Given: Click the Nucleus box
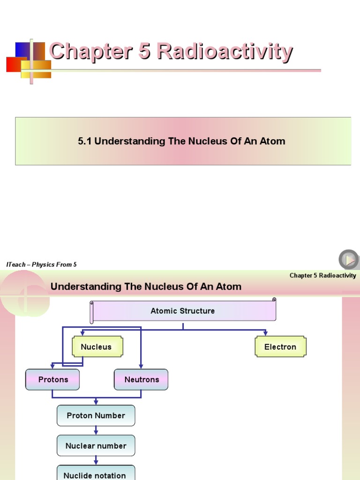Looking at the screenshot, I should pos(97,347).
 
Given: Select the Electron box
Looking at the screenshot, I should pos(280,347).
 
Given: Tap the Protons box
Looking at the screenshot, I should pos(52,380).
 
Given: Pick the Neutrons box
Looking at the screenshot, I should pos(141,380).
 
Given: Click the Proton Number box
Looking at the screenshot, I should pos(96,416).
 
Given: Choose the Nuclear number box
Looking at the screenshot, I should pos(96,446).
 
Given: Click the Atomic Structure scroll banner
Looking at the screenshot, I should pos(183,311).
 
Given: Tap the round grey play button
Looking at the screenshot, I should pos(349,259).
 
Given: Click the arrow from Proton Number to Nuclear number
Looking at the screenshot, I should pos(96,430).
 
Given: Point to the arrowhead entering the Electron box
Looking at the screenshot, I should pos(266,333).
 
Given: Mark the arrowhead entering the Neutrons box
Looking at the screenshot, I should pos(141,367).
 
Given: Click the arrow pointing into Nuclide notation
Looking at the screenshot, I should pos(96,460).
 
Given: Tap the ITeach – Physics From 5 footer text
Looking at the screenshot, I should pos(42,265).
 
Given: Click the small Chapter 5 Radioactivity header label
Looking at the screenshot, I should pos(322,276).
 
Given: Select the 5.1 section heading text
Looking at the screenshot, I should pos(181,141).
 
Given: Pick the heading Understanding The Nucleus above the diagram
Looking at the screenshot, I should pos(146,286).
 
